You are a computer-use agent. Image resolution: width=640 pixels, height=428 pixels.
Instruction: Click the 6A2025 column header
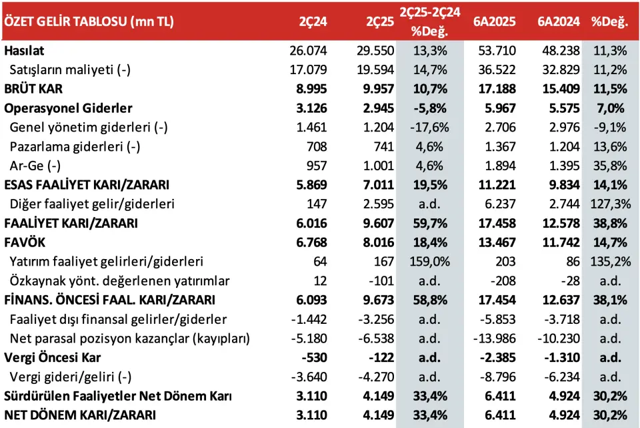click(494, 21)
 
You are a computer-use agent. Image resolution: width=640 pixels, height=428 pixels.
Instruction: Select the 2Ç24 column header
click(313, 21)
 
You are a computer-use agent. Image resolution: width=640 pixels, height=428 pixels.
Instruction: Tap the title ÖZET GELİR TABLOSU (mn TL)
click(89, 21)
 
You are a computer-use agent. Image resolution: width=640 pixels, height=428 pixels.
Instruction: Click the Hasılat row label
click(24, 51)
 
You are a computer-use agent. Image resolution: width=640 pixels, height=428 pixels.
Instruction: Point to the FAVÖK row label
click(25, 242)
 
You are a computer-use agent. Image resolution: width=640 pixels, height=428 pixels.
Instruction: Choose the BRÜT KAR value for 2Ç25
click(379, 89)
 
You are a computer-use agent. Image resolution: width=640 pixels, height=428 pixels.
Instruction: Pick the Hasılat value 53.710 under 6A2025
click(497, 51)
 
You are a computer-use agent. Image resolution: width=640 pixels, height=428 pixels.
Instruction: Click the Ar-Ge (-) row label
click(35, 166)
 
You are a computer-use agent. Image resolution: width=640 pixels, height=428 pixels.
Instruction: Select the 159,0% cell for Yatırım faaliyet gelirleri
click(430, 262)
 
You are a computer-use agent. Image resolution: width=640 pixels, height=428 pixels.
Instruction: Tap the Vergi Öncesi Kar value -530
click(314, 358)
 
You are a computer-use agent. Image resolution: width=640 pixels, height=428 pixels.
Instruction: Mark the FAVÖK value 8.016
click(379, 242)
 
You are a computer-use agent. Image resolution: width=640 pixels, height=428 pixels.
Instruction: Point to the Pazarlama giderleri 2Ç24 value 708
click(317, 146)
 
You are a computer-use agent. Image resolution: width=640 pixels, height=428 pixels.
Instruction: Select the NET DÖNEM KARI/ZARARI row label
click(80, 415)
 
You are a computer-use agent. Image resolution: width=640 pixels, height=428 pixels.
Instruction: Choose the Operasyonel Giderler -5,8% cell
click(430, 108)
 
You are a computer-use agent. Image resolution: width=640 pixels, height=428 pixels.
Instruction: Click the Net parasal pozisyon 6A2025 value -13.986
click(494, 339)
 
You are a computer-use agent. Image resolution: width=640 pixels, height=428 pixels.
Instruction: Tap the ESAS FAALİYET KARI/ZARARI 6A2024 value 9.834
click(564, 185)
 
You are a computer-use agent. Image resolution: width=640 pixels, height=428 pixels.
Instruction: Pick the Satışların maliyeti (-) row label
click(70, 70)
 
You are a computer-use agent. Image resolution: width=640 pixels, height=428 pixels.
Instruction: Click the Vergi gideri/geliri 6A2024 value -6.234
click(561, 377)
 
